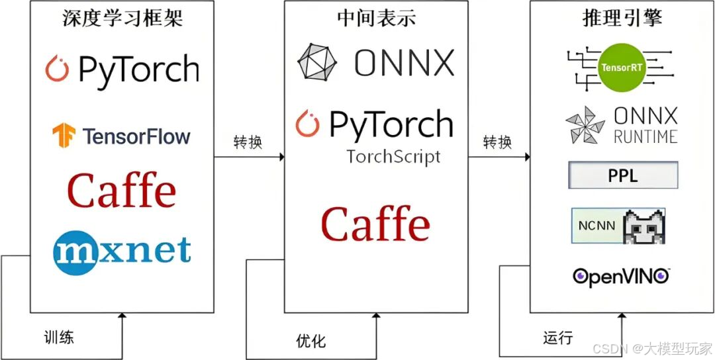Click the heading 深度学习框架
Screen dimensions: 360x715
(122, 18)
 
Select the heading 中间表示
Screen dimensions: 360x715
(377, 18)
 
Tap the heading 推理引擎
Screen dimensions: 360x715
(622, 18)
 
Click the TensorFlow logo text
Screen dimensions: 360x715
(136, 137)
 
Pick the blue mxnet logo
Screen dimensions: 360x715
(122, 252)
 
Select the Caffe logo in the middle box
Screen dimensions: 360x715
(375, 224)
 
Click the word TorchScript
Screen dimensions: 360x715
(393, 157)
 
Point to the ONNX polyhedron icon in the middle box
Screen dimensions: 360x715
(317, 63)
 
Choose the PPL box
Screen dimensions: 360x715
(622, 176)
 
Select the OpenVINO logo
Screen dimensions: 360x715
(622, 276)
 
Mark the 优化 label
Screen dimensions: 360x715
(310, 341)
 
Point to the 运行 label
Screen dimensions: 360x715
(558, 337)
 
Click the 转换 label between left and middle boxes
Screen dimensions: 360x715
(248, 142)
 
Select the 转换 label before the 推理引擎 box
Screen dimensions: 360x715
(497, 142)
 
